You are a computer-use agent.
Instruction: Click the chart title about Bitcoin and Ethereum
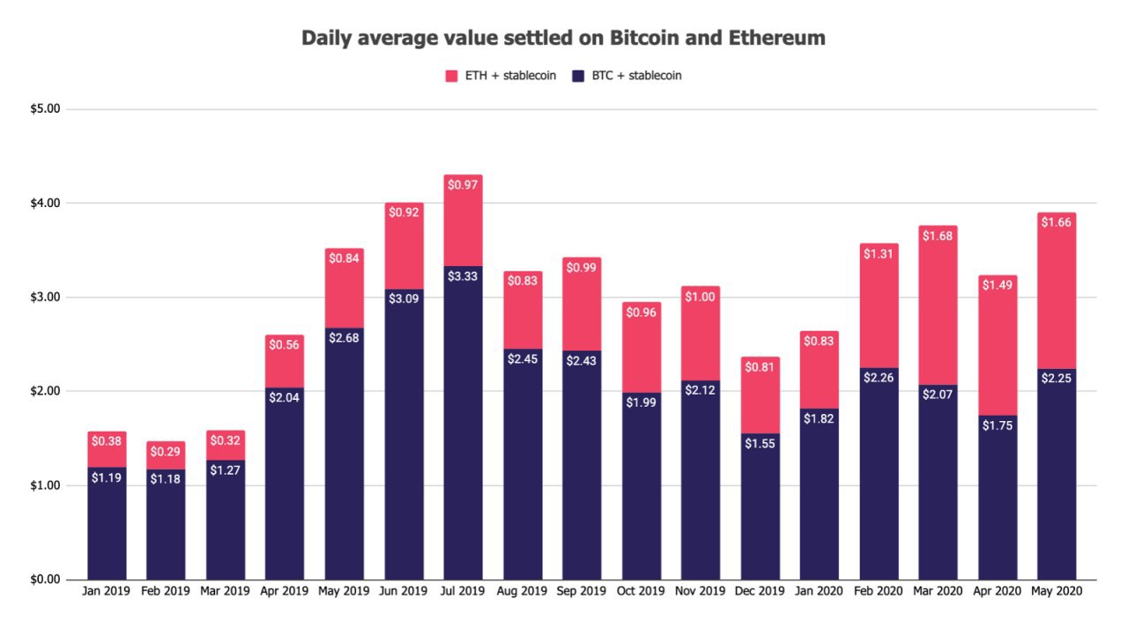pyautogui.click(x=563, y=38)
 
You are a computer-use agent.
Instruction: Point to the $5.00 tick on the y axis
pyautogui.click(x=44, y=109)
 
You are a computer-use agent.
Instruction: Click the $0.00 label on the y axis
pyautogui.click(x=44, y=580)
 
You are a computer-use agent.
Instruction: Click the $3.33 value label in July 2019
pyautogui.click(x=463, y=277)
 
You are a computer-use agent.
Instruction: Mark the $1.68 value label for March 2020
pyautogui.click(x=939, y=237)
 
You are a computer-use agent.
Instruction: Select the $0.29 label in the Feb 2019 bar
pyautogui.click(x=166, y=452)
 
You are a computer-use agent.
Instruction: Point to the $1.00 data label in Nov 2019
pyautogui.click(x=701, y=297)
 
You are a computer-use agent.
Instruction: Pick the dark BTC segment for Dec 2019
pyautogui.click(x=760, y=520)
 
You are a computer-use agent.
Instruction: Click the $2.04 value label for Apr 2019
pyautogui.click(x=285, y=399)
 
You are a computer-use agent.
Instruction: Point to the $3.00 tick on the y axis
pyautogui.click(x=44, y=298)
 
